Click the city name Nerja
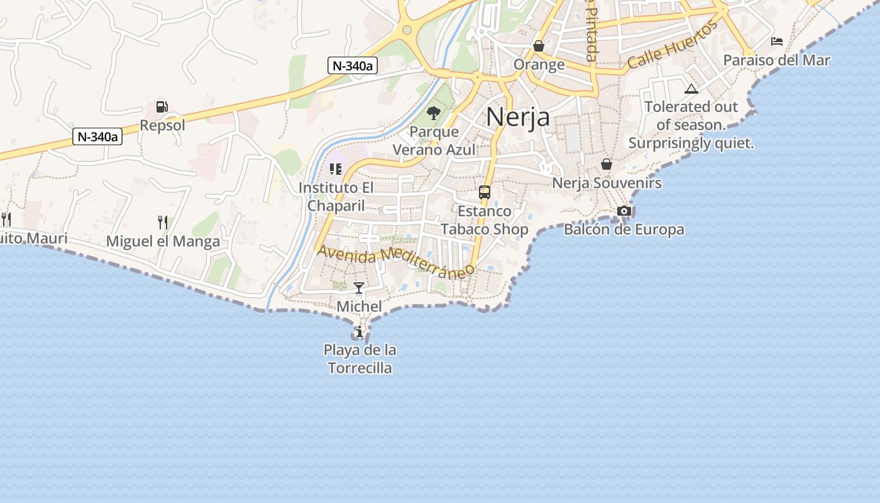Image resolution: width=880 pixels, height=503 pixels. (x=518, y=117)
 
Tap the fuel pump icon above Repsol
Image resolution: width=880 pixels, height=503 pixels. (x=162, y=107)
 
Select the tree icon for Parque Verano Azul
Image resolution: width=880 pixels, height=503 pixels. (x=433, y=113)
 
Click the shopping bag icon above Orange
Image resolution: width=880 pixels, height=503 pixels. (x=539, y=46)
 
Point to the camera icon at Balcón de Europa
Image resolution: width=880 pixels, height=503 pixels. (x=624, y=211)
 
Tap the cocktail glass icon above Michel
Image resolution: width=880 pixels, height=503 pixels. (x=359, y=288)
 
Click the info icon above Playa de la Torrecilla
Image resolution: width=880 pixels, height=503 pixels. (x=360, y=331)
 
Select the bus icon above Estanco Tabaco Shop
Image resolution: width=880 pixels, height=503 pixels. (x=485, y=192)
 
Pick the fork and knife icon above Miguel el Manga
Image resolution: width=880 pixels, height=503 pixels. (x=163, y=222)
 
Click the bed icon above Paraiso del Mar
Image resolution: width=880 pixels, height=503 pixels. (x=777, y=41)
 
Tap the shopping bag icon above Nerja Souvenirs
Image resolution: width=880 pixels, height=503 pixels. (x=607, y=164)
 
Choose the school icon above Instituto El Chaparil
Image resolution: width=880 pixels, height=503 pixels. (x=336, y=169)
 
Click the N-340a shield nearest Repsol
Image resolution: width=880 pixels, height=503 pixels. (x=97, y=136)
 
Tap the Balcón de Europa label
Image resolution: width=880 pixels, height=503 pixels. (x=624, y=229)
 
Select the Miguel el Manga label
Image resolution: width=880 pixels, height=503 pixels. (x=163, y=241)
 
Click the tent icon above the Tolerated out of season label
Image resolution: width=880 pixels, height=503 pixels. (x=691, y=89)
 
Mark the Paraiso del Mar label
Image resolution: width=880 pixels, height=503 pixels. (x=776, y=60)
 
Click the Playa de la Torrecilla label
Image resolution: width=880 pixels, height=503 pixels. (x=360, y=358)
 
